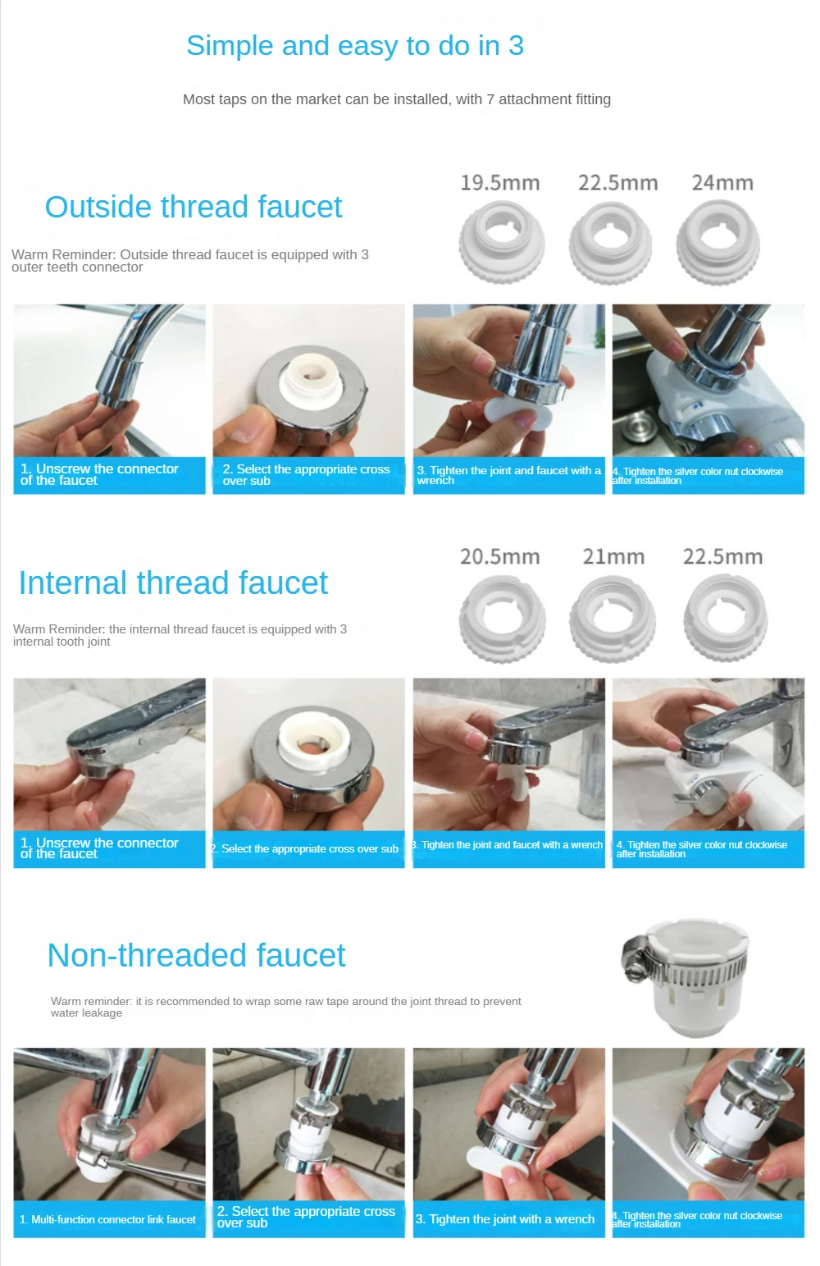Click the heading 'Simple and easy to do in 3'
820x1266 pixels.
pyautogui.click(x=354, y=46)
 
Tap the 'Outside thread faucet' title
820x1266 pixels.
pyautogui.click(x=194, y=207)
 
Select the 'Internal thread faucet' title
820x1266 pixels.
pyautogui.click(x=173, y=583)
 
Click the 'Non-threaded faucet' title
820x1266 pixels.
pyautogui.click(x=196, y=955)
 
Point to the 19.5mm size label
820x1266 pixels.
pyautogui.click(x=499, y=183)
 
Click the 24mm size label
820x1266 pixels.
pyautogui.click(x=722, y=183)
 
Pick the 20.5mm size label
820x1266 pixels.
pyautogui.click(x=499, y=557)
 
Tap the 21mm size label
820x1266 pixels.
pyautogui.click(x=613, y=557)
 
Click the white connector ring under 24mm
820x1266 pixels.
pyautogui.click(x=718, y=242)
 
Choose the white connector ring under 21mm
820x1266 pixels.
pyautogui.click(x=612, y=618)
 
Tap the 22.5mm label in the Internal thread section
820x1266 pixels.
pyautogui.click(x=722, y=557)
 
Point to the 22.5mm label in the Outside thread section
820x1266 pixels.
pyautogui.click(x=617, y=183)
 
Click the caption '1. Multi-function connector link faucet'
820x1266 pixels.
pyautogui.click(x=108, y=1219)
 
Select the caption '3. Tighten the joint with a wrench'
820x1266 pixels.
pyautogui.click(x=505, y=1219)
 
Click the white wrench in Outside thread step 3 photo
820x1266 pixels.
pyautogui.click(x=518, y=417)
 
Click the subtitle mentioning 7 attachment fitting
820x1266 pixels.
pyautogui.click(x=396, y=99)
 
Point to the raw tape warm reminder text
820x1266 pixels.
pyautogui.click(x=285, y=1007)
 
